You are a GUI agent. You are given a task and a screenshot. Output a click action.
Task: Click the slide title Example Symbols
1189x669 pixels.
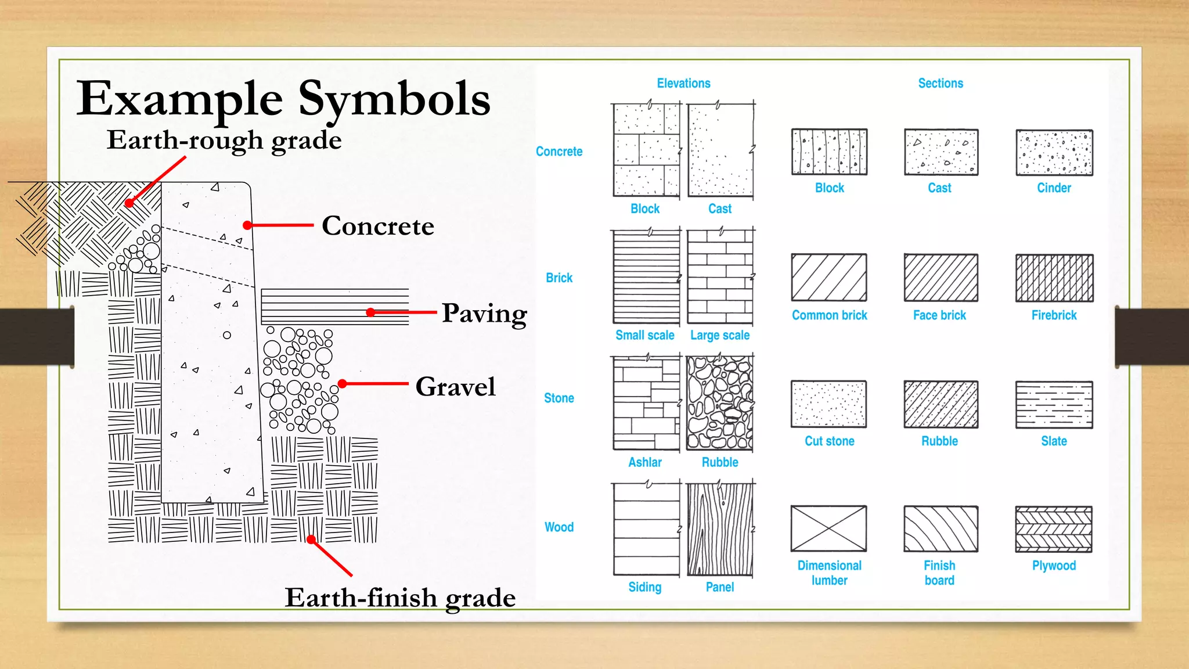pyautogui.click(x=283, y=99)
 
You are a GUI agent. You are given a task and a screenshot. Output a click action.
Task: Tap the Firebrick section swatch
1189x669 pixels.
pyautogui.click(x=1054, y=278)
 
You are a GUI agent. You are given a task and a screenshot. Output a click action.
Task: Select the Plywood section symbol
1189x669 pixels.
pyautogui.click(x=1054, y=529)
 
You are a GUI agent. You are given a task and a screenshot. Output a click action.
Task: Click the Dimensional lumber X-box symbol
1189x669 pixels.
pyautogui.click(x=828, y=528)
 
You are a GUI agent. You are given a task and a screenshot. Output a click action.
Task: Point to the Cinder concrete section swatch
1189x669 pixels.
pyautogui.click(x=1054, y=153)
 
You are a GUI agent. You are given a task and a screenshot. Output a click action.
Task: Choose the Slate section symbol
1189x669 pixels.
pyautogui.click(x=1054, y=405)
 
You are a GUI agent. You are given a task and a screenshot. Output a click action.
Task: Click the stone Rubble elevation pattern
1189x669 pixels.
pyautogui.click(x=720, y=403)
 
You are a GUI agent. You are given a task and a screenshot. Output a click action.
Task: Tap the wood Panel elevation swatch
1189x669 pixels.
pyautogui.click(x=720, y=529)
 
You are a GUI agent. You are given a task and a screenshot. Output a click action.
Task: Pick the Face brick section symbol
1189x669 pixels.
pyautogui.click(x=941, y=278)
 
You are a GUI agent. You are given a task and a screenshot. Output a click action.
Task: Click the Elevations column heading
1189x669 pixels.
pyautogui.click(x=683, y=83)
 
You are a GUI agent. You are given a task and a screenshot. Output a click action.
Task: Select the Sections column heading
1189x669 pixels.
pyautogui.click(x=941, y=83)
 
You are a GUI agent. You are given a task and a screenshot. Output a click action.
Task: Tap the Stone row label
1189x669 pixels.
pyautogui.click(x=559, y=398)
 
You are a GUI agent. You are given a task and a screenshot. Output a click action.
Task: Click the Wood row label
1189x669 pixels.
pyautogui.click(x=559, y=527)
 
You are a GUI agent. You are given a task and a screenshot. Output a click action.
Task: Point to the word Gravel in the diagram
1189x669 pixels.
pyautogui.click(x=456, y=387)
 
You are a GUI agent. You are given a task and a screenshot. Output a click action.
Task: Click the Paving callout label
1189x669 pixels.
pyautogui.click(x=484, y=314)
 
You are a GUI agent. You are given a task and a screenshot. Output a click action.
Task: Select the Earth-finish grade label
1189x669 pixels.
pyautogui.click(x=400, y=598)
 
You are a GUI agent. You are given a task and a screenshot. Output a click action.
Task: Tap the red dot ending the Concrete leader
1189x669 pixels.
pyautogui.click(x=247, y=225)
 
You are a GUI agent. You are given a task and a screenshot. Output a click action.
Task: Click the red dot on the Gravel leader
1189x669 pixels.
pyautogui.click(x=343, y=384)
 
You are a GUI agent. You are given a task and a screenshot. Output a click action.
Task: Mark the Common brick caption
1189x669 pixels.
pyautogui.click(x=829, y=315)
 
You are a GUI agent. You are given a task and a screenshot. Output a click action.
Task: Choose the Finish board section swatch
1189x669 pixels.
pyautogui.click(x=941, y=529)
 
